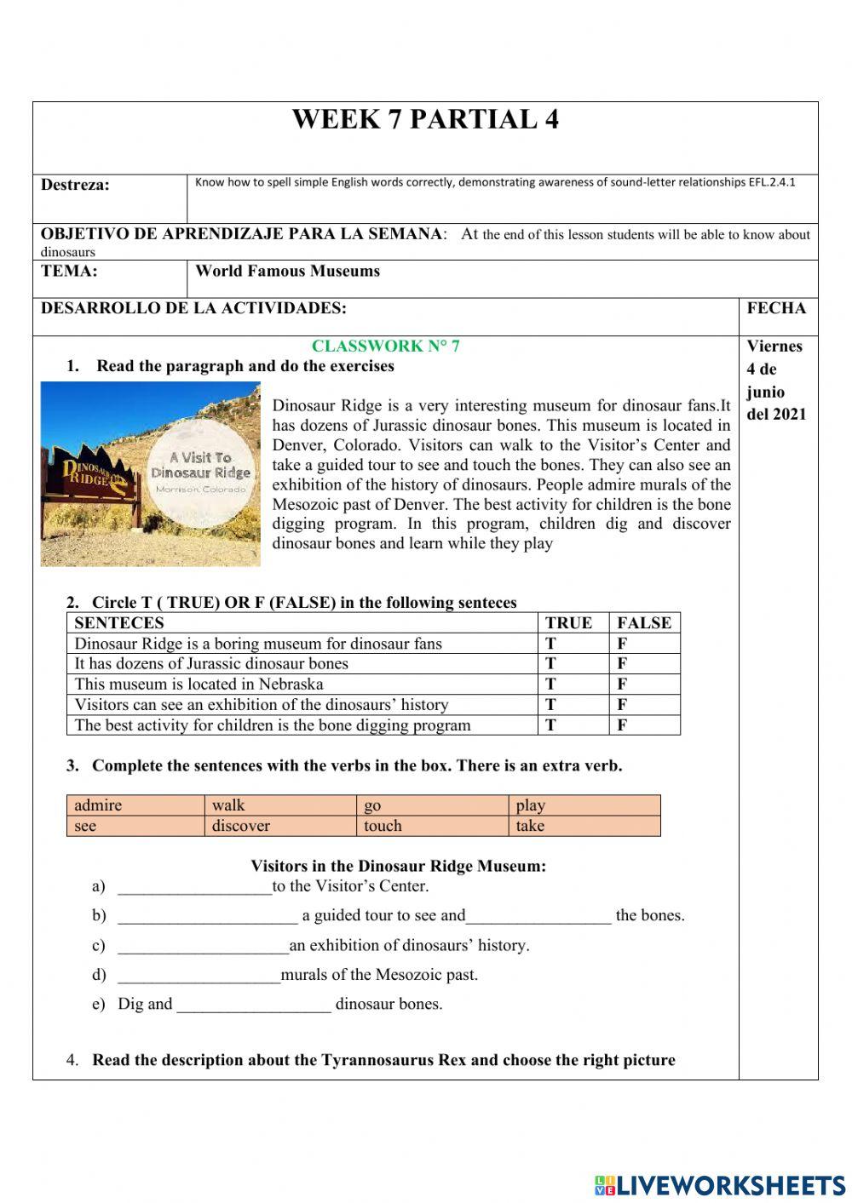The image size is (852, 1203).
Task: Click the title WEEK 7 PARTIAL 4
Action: click(425, 119)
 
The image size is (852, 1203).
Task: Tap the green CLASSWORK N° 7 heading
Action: click(385, 346)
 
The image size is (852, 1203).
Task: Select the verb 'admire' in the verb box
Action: click(98, 805)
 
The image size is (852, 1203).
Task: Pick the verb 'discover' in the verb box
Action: click(240, 826)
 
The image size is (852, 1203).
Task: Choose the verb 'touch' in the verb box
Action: click(383, 826)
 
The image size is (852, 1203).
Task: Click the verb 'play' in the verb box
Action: click(530, 805)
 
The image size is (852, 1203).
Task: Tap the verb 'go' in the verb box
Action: click(372, 805)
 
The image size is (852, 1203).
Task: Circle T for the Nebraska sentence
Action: click(551, 684)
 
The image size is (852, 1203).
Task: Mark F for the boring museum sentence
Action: click(622, 644)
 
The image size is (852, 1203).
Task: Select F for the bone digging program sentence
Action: click(622, 725)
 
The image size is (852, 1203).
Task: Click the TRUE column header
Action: click(568, 622)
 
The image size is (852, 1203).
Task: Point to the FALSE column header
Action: click(644, 622)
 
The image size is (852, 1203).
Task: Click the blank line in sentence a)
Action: click(194, 887)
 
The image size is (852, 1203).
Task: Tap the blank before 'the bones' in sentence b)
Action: click(538, 917)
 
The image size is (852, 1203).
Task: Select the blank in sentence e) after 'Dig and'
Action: click(253, 1005)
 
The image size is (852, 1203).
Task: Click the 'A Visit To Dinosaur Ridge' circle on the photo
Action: click(201, 470)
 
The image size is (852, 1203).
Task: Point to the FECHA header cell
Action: click(776, 308)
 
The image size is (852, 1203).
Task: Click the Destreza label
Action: click(75, 185)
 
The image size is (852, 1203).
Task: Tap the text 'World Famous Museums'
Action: click(287, 272)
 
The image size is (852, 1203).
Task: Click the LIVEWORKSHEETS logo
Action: click(719, 1184)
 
